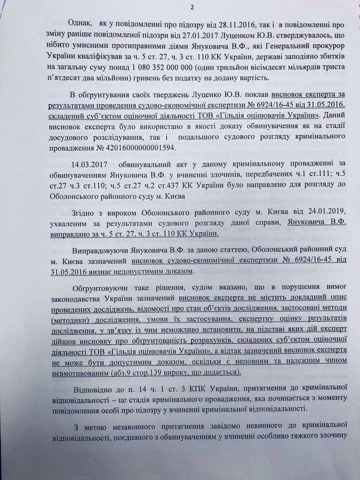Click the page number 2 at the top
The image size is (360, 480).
[178, 7]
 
